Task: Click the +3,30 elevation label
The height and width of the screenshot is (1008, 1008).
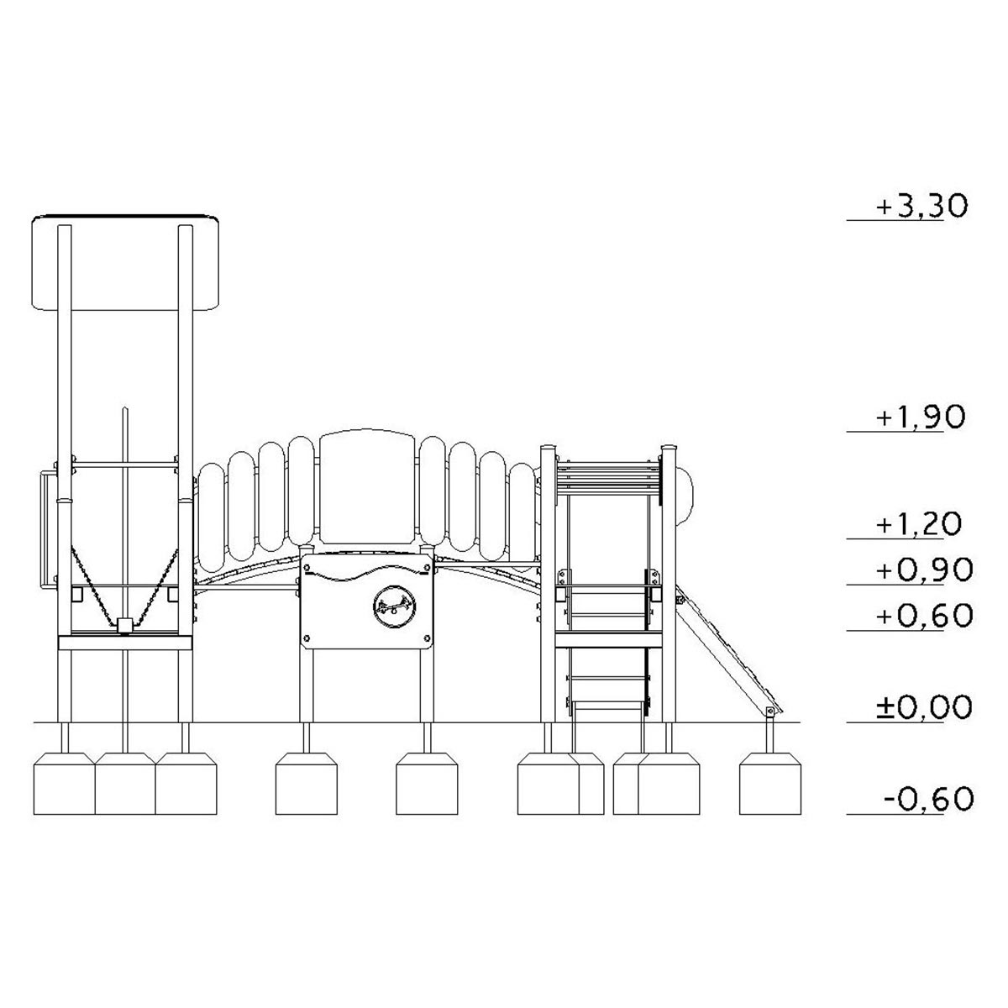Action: click(x=921, y=206)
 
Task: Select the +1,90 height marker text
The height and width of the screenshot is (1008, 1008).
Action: click(x=921, y=417)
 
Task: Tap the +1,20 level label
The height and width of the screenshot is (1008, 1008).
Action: click(x=919, y=524)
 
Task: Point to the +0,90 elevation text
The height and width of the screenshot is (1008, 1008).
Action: click(x=925, y=570)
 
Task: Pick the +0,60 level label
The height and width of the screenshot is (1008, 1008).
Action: click(x=925, y=616)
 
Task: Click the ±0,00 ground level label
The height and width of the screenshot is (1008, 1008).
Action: click(x=925, y=707)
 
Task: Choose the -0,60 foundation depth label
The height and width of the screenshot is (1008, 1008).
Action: click(x=929, y=799)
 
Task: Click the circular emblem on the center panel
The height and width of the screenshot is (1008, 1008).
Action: click(x=395, y=606)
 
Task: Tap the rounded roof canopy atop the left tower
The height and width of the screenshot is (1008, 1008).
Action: click(x=125, y=262)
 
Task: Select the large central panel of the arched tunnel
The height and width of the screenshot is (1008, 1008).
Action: click(x=369, y=487)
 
